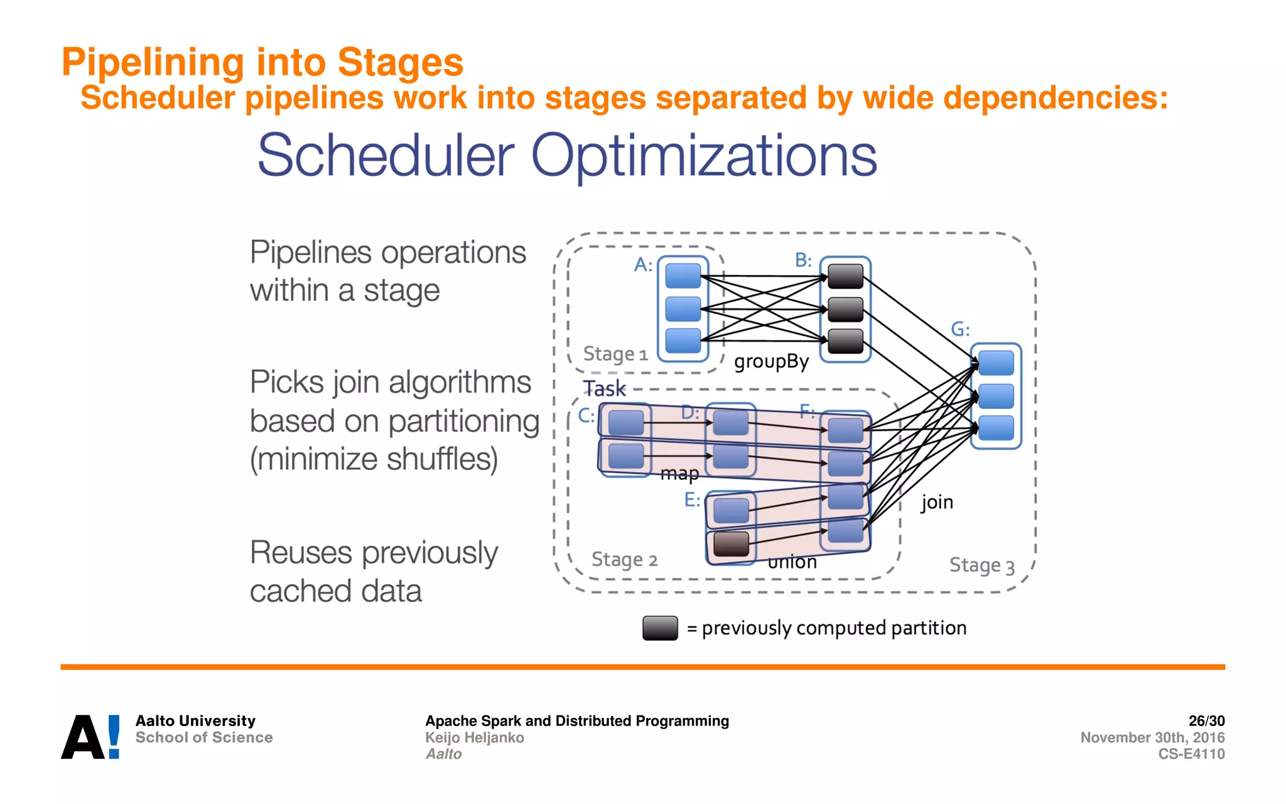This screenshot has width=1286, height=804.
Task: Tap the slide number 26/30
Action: click(x=1206, y=720)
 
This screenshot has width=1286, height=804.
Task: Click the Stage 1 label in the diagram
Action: click(x=615, y=354)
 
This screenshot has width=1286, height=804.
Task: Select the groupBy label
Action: click(x=771, y=361)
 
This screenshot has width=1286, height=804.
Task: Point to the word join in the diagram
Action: click(x=937, y=502)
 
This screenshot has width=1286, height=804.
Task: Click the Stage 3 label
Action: click(x=981, y=565)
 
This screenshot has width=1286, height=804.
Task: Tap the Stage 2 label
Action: click(x=624, y=559)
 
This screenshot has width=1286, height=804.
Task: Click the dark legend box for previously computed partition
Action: click(x=660, y=627)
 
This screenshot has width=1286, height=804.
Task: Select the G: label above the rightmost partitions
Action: click(x=960, y=329)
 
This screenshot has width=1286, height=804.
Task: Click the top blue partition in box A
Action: click(x=683, y=276)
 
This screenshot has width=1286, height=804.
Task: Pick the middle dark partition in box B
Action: click(x=845, y=309)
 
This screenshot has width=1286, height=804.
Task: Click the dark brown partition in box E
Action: click(x=731, y=543)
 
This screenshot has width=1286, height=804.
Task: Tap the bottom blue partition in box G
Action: click(x=996, y=428)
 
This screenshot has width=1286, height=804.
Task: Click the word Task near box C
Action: click(x=604, y=388)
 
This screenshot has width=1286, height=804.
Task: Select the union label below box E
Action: click(x=792, y=562)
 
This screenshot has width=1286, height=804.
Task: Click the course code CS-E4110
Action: click(x=1191, y=754)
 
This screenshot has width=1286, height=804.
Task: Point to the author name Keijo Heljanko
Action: click(x=474, y=737)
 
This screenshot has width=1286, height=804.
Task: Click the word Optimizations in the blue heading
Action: click(x=703, y=155)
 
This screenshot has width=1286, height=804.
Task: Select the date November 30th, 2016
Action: click(x=1152, y=737)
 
